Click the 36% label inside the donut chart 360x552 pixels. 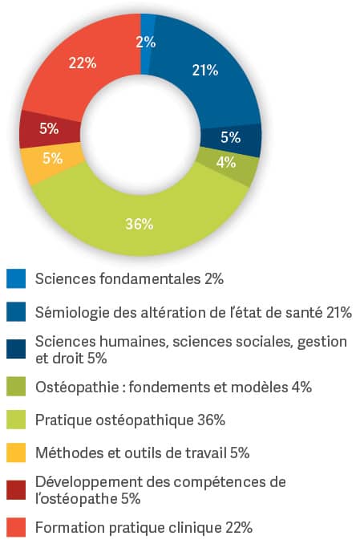click(x=140, y=225)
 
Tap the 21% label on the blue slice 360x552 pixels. click(x=205, y=71)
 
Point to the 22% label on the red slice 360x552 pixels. click(x=83, y=63)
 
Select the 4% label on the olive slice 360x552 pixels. click(x=226, y=162)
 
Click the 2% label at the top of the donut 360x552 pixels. click(x=146, y=43)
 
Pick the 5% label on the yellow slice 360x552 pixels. click(x=53, y=158)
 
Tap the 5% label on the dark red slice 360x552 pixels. click(x=49, y=128)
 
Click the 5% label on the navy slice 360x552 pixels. click(x=230, y=137)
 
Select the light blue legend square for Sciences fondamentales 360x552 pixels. click(x=16, y=278)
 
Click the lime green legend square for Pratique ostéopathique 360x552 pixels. click(x=16, y=420)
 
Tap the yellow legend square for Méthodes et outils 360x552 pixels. click(x=16, y=453)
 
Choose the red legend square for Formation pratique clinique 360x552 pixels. click(x=16, y=527)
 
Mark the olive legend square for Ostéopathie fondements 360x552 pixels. click(x=16, y=387)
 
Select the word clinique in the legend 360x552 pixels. click(x=196, y=528)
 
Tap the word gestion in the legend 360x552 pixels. click(x=322, y=342)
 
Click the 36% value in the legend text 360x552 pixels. click(x=211, y=420)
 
